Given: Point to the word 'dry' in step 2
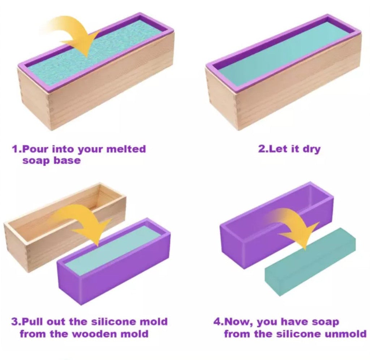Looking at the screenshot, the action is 311,149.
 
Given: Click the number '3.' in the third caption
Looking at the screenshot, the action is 16,322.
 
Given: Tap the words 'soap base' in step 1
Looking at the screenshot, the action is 51,161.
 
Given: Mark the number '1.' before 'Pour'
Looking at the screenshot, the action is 17,149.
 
